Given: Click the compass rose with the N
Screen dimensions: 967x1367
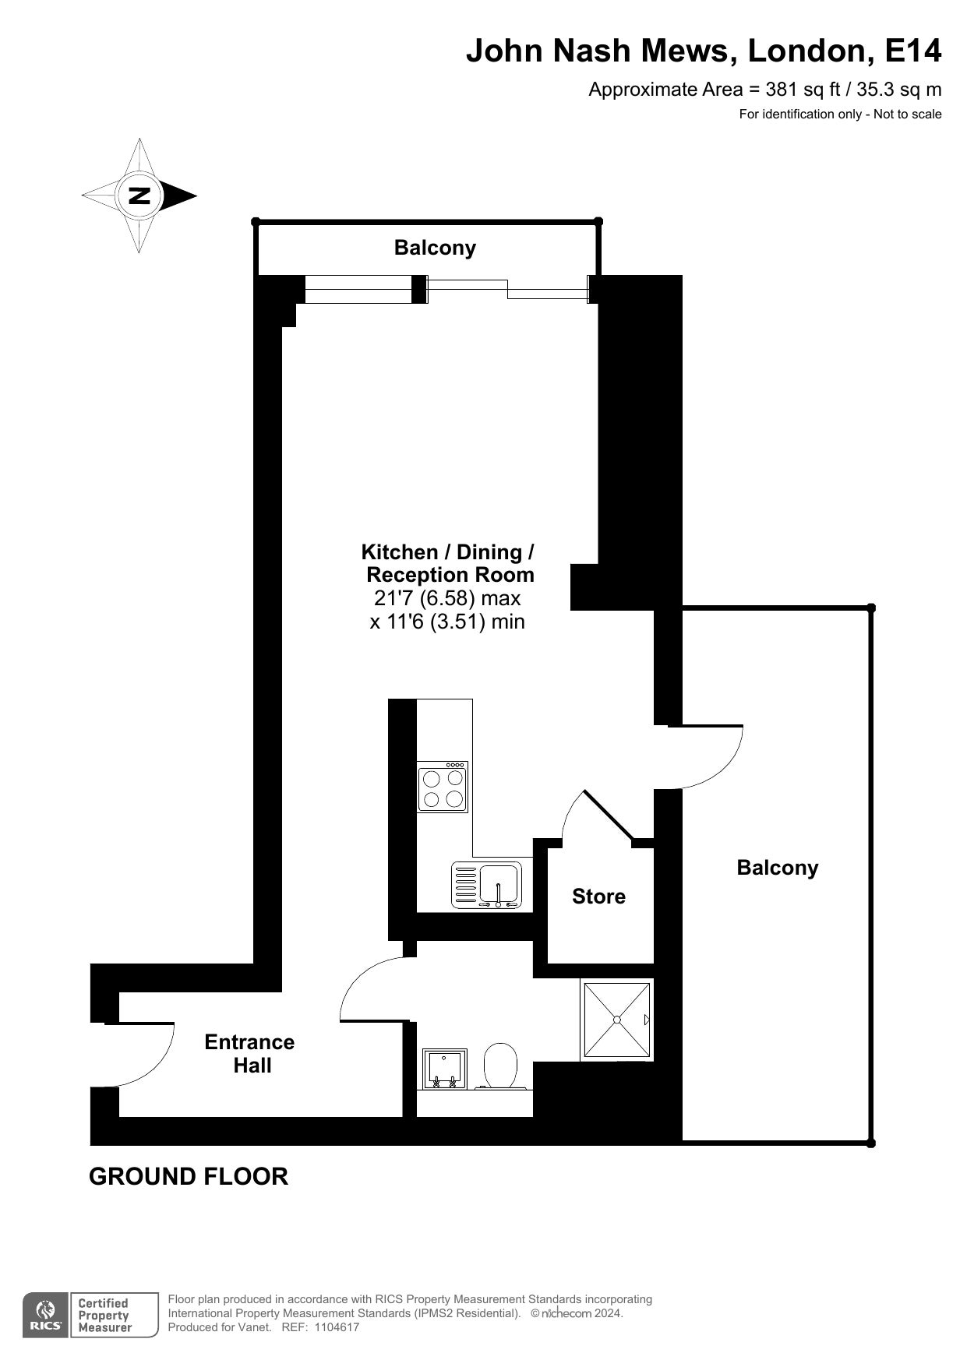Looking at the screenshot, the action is (139, 196).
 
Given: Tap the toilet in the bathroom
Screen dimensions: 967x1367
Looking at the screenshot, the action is (501, 1066).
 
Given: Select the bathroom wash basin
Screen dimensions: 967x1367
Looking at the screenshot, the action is (444, 1069).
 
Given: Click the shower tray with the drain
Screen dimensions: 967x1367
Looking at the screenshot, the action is (616, 1020).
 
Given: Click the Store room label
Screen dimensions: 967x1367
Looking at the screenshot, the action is (598, 897).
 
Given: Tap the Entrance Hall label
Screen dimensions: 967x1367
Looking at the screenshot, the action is (250, 1054).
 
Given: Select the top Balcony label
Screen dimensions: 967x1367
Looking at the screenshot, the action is (435, 248).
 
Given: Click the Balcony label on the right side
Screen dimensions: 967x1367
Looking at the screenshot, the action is (778, 868).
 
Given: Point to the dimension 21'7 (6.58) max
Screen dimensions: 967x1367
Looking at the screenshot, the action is (447, 599).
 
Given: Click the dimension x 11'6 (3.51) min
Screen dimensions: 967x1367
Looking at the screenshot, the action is (447, 622).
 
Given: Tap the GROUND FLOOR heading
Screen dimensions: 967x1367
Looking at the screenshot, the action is (189, 1176).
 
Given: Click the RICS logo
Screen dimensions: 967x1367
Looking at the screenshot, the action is (45, 1316).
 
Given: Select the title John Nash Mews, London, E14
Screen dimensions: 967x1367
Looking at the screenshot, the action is (704, 51).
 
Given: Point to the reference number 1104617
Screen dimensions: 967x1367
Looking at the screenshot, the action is (337, 1327).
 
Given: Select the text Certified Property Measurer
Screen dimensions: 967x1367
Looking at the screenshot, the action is (104, 1316).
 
